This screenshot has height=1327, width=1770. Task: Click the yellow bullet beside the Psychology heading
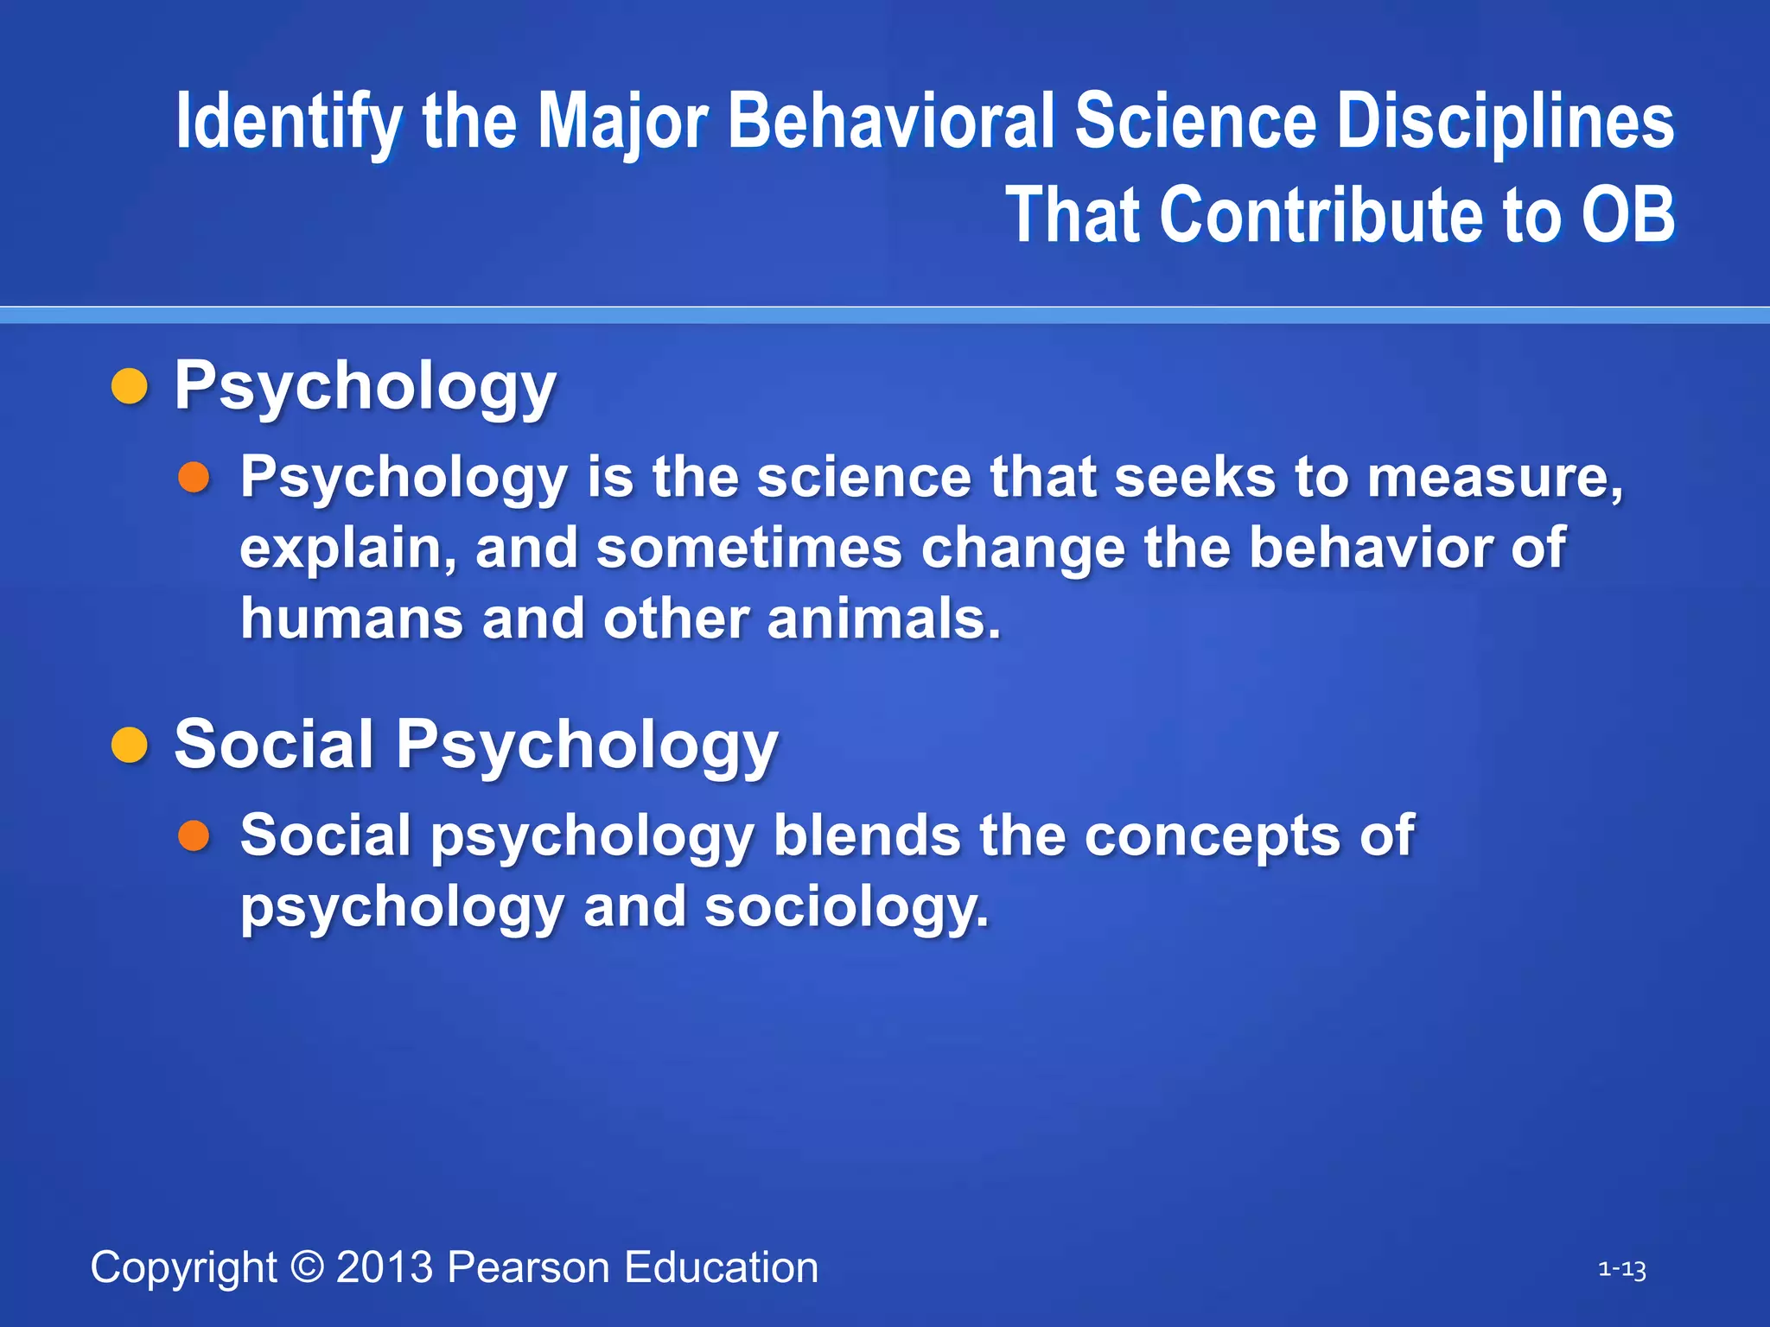tap(130, 385)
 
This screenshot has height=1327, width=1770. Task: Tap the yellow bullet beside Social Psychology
tap(130, 745)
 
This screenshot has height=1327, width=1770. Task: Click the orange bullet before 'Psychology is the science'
tap(194, 477)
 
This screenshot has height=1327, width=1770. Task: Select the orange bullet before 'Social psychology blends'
tap(194, 835)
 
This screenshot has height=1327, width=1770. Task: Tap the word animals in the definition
tap(883, 619)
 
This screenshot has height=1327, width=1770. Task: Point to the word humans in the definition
tap(351, 619)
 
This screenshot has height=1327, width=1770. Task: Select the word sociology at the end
tap(845, 907)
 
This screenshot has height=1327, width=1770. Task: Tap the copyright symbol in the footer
tap(307, 1267)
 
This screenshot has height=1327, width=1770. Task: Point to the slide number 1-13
tap(1621, 1269)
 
